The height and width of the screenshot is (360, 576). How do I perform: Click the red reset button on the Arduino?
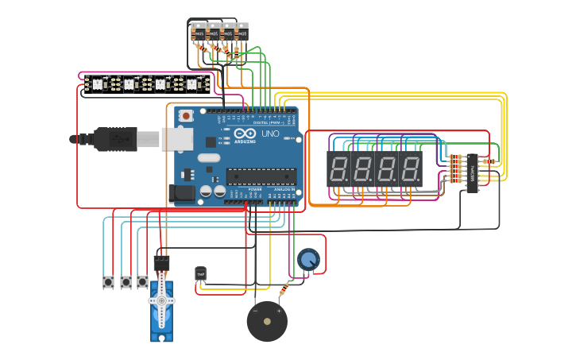(x=186, y=116)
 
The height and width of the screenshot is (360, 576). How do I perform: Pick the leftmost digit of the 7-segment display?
(x=338, y=168)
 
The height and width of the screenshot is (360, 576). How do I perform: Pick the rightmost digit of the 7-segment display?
(x=410, y=168)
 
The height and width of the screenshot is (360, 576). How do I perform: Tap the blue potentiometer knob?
(x=308, y=259)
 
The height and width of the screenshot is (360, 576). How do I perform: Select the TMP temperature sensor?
(x=200, y=273)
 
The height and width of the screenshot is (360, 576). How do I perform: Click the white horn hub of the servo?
(x=161, y=301)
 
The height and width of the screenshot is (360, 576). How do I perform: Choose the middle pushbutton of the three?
(x=126, y=281)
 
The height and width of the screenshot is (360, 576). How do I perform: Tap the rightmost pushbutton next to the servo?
(x=142, y=281)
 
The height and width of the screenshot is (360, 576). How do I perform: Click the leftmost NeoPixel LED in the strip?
(x=97, y=83)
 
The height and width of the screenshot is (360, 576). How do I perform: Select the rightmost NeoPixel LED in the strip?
(x=191, y=83)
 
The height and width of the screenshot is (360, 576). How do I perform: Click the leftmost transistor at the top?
(x=198, y=33)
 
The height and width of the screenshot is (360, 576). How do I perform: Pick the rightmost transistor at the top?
(x=241, y=33)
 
